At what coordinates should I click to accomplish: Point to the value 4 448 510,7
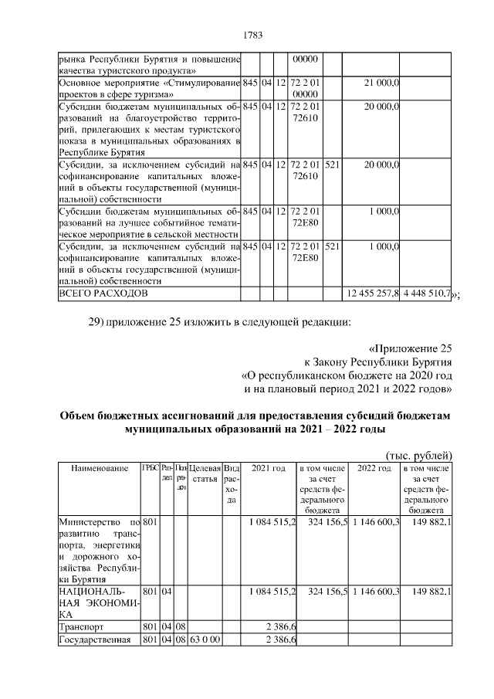coord(426,294)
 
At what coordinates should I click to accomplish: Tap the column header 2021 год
coord(269,468)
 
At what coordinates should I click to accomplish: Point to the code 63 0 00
coord(205,638)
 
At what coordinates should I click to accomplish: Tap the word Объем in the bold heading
coord(80,416)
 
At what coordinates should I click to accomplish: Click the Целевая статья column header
coord(205,468)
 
